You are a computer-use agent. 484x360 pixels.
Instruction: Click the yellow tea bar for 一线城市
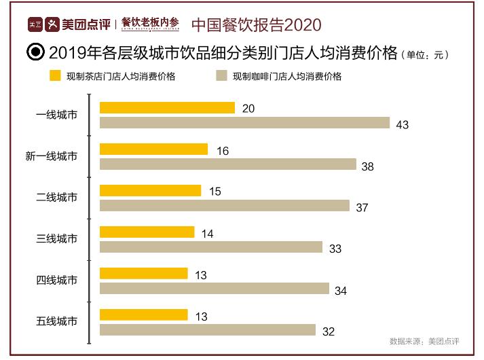tap(167, 108)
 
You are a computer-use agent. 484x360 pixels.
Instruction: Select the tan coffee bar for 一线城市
tap(244, 123)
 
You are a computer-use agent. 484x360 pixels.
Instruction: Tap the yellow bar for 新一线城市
tap(153, 149)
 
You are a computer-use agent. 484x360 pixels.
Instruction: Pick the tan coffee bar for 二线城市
tap(224, 206)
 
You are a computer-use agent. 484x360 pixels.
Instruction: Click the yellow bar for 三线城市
tap(147, 232)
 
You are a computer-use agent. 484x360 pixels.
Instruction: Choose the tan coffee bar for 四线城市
tap(214, 289)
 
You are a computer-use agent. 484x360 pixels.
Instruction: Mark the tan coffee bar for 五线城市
tap(207, 330)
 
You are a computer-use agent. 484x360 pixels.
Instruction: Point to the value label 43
tap(403, 124)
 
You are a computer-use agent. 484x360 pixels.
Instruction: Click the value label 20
tap(248, 109)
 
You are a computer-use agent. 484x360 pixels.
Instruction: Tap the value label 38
tap(368, 166)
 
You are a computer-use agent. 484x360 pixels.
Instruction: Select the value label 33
tap(335, 249)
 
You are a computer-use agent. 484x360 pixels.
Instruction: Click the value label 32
tap(328, 331)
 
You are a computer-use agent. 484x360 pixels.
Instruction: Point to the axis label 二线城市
tap(57, 198)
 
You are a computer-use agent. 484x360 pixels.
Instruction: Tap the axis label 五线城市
tap(57, 321)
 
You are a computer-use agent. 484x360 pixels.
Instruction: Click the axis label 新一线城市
tap(52, 156)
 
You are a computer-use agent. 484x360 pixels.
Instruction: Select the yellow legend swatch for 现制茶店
tap(55, 76)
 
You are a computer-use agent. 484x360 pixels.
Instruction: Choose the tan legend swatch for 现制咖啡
tap(221, 76)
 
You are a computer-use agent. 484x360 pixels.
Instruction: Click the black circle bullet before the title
tap(35, 52)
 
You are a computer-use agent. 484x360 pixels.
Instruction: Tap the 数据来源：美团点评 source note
tap(424, 341)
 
